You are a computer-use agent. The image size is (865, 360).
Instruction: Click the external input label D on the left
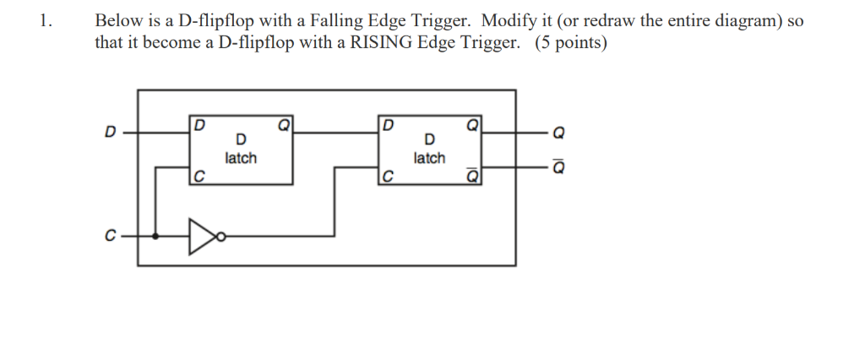click(x=108, y=133)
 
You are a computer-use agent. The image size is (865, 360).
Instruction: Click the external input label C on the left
click(x=108, y=237)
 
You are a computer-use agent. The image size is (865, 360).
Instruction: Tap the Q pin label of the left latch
click(x=284, y=126)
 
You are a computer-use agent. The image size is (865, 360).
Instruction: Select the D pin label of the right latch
click(x=387, y=126)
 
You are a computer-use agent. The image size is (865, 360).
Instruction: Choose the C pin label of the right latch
click(x=387, y=177)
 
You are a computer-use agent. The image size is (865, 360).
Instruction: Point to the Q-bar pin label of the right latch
click(x=473, y=176)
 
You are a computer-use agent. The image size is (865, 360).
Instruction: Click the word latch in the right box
click(x=429, y=158)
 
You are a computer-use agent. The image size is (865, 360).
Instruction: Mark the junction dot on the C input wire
click(x=156, y=237)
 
